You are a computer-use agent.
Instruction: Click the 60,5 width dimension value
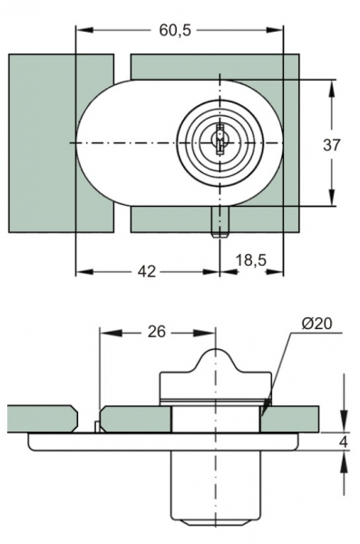coord(175,31)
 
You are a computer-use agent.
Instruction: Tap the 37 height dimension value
coord(332,145)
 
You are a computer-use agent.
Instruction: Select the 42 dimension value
coord(147,271)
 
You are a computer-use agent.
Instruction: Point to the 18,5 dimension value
coord(250,260)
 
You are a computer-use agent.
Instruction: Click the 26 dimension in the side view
coord(157,332)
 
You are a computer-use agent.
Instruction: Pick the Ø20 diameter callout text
coord(316,324)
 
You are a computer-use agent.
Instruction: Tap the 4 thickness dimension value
coord(344,442)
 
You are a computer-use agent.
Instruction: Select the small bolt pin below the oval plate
coord(219,222)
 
